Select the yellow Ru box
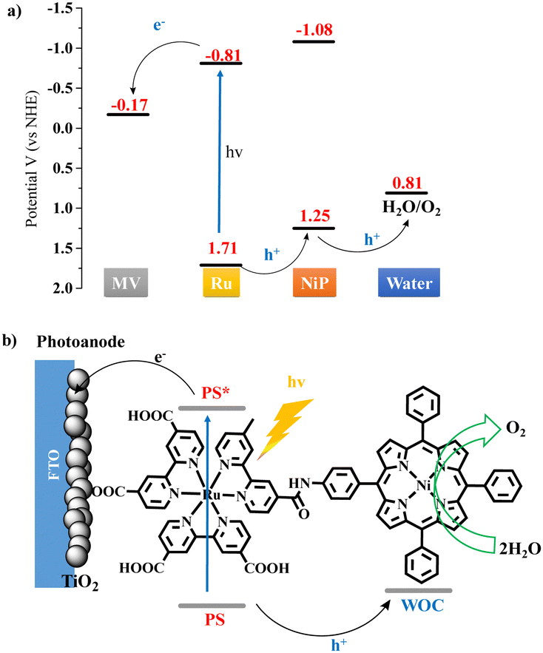tap(220, 283)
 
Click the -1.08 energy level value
tap(314, 31)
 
